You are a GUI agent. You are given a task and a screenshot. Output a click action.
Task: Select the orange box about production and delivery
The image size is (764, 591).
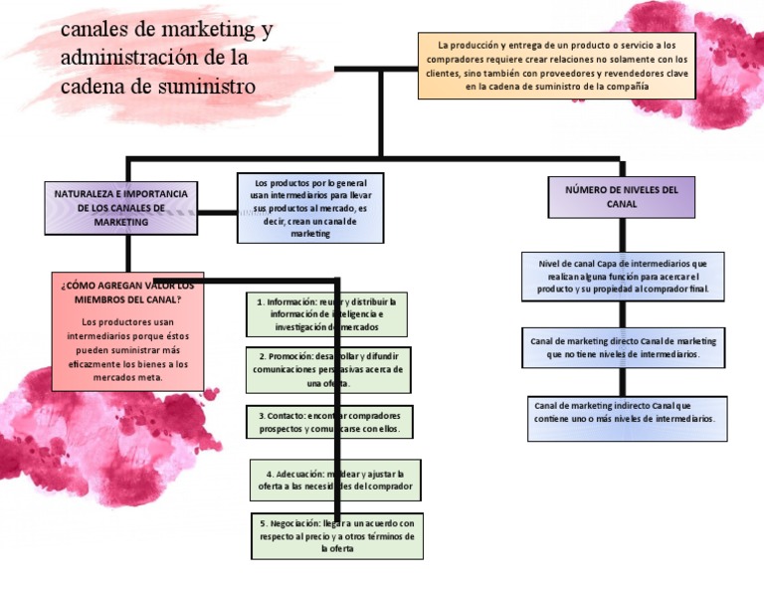click(x=556, y=66)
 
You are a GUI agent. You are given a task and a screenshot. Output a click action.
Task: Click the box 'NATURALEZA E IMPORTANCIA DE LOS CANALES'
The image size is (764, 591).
click(x=120, y=208)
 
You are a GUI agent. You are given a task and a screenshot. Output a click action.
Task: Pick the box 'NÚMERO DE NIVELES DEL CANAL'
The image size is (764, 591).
click(x=622, y=196)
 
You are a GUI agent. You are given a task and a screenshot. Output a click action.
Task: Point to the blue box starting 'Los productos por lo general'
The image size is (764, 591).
click(x=310, y=208)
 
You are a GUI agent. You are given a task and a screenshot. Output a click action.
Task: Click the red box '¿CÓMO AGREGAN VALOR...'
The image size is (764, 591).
click(x=127, y=331)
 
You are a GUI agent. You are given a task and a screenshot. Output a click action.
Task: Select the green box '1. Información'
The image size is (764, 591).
click(x=326, y=313)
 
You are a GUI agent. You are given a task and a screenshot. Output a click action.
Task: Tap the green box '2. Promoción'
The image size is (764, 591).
click(x=327, y=369)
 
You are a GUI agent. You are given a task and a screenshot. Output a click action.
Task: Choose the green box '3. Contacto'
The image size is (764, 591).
click(x=328, y=422)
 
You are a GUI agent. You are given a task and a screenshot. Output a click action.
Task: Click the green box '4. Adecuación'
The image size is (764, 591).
click(x=334, y=480)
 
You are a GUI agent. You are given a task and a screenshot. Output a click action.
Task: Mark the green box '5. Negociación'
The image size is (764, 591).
click(x=336, y=535)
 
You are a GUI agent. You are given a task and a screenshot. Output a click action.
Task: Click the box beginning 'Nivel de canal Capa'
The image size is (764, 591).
click(x=623, y=276)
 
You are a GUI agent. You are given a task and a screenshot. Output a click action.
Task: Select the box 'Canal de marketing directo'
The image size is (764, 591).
click(x=623, y=347)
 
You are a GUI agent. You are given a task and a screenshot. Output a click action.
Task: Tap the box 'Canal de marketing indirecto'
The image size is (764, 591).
click(x=627, y=419)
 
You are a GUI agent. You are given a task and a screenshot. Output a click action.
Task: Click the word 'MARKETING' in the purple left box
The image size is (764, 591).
click(x=120, y=222)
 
